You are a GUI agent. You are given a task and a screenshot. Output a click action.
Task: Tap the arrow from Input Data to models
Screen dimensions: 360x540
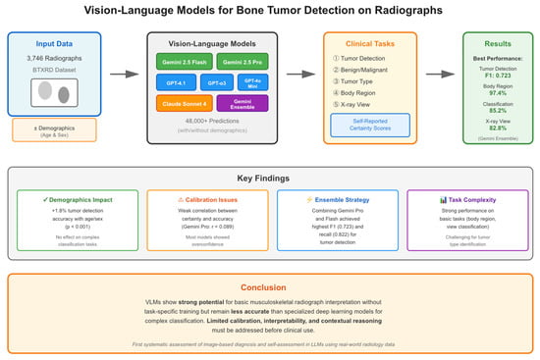point(123,73)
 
